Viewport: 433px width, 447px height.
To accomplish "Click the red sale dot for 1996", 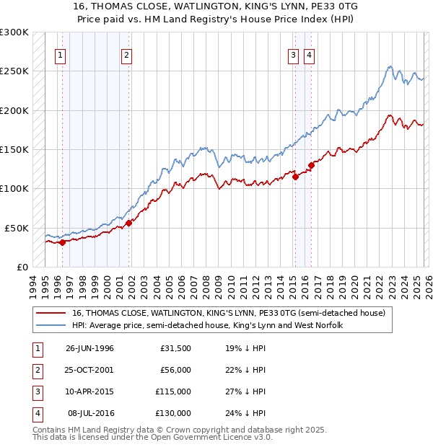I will (63, 242).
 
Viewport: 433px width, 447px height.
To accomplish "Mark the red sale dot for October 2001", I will (129, 223).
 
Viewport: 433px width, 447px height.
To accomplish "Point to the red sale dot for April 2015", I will (295, 177).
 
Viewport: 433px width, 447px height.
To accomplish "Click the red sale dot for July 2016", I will (311, 165).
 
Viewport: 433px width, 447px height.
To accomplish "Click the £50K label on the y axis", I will (17, 228).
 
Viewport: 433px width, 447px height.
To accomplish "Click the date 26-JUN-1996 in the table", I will (89, 349).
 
